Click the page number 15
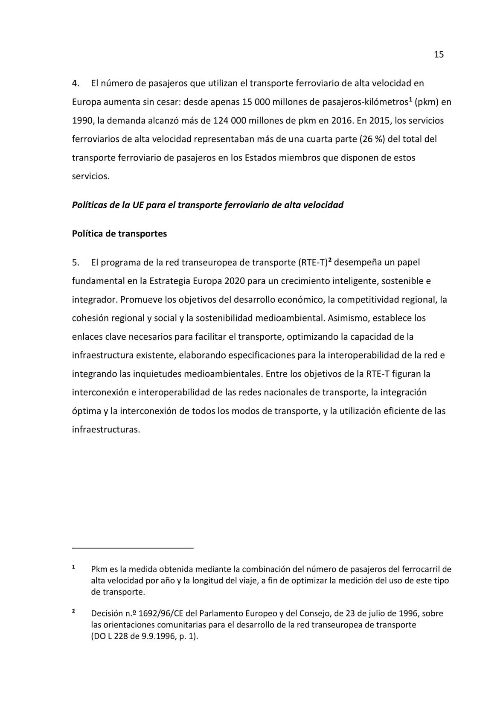[439, 55]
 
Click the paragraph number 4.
[76, 83]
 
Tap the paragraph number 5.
[76, 262]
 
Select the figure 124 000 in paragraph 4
[228, 120]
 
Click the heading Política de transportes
[119, 234]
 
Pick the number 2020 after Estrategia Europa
[234, 281]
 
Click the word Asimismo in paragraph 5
[346, 318]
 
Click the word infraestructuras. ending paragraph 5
[106, 429]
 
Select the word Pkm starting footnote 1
[99, 569]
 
